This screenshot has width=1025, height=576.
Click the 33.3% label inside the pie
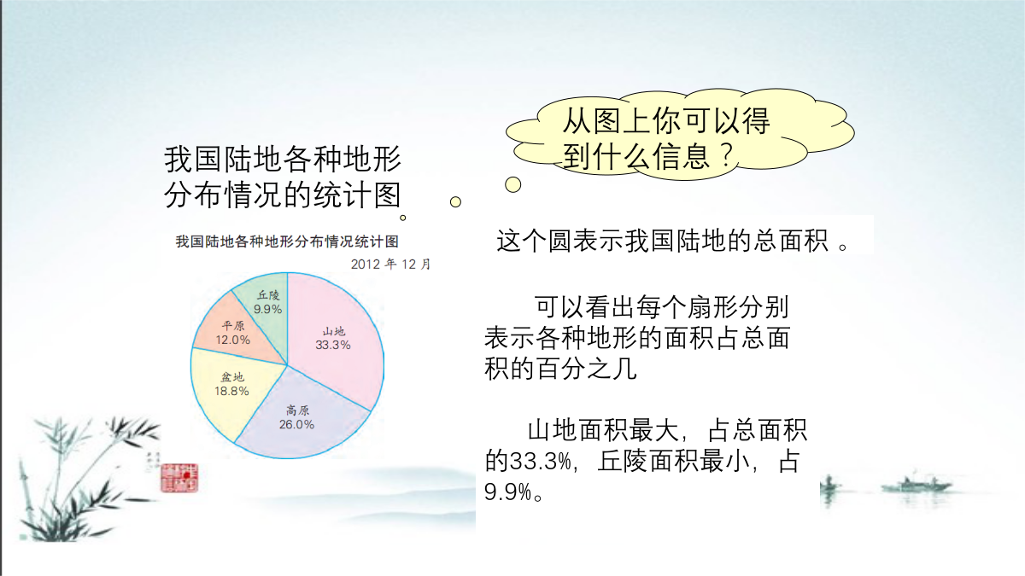(333, 345)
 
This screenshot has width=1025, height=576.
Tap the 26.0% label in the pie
(296, 425)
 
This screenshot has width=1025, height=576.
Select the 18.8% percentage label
(232, 391)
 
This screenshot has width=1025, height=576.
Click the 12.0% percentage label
(233, 340)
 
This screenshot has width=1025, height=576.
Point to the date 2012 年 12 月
(390, 265)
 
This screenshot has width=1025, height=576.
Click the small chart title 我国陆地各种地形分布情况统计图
(287, 241)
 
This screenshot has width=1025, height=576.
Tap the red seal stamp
(179, 478)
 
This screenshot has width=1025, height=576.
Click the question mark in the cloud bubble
(726, 155)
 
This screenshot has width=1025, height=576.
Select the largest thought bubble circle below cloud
(513, 184)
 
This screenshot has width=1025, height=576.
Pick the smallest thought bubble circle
(402, 218)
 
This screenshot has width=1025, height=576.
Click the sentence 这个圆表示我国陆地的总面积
(663, 240)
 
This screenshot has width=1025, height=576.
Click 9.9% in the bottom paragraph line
(508, 492)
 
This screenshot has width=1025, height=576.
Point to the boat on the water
(915, 485)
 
